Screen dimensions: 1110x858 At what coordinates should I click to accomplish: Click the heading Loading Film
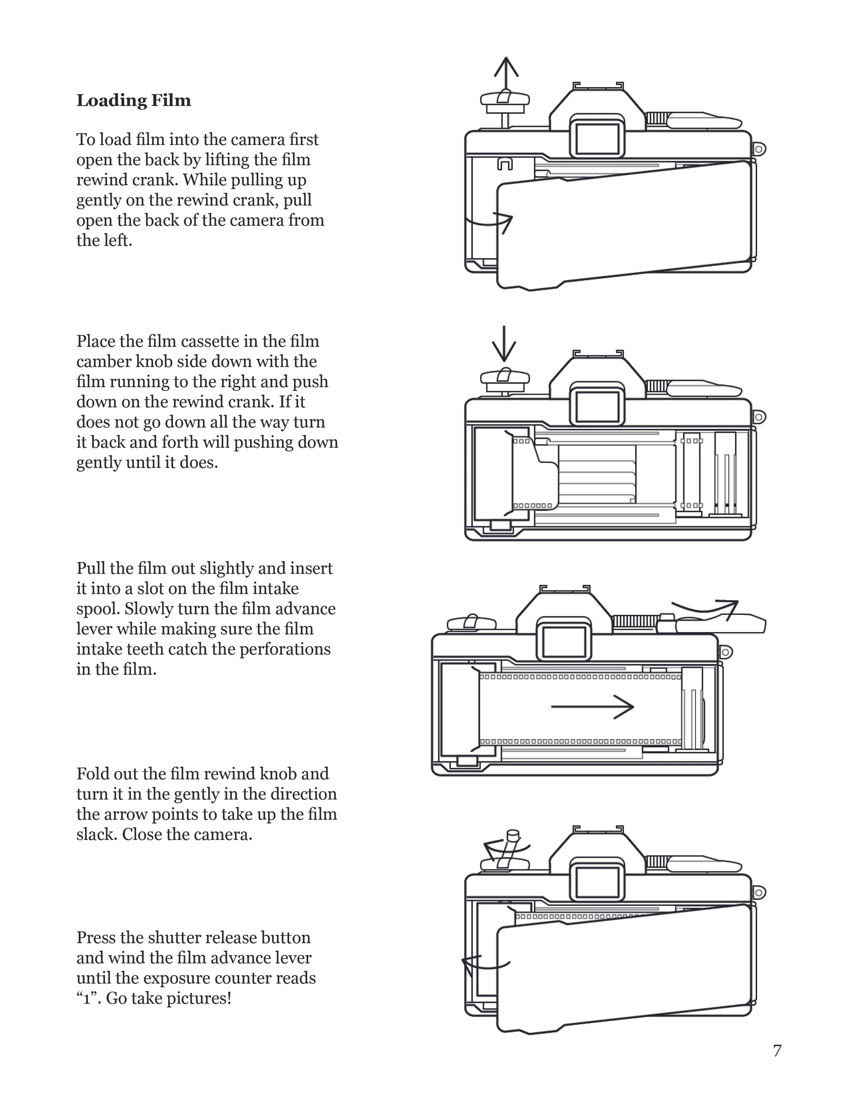(134, 101)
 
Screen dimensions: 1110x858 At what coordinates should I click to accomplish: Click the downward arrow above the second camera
(504, 344)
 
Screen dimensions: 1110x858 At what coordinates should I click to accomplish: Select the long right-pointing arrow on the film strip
(592, 706)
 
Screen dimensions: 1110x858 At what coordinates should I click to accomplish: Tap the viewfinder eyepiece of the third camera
(564, 642)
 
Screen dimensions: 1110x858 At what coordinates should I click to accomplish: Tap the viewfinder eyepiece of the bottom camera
(597, 882)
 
